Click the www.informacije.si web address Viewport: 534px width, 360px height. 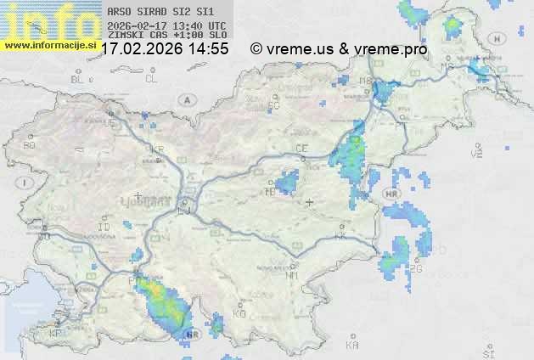[49, 45]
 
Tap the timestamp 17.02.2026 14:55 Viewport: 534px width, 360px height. [164, 49]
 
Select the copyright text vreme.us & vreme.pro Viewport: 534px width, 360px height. [340, 49]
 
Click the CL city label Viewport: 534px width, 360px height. [151, 79]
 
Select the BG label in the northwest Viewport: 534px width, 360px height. [29, 145]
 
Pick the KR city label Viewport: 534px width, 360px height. [156, 149]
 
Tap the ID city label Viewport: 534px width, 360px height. [104, 228]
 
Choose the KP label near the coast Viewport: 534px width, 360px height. [56, 334]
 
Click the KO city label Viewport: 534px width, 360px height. [239, 313]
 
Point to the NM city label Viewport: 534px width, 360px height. [292, 275]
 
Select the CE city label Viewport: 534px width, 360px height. [301, 149]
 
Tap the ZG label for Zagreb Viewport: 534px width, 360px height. [415, 269]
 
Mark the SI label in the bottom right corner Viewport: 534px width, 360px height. [487, 352]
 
